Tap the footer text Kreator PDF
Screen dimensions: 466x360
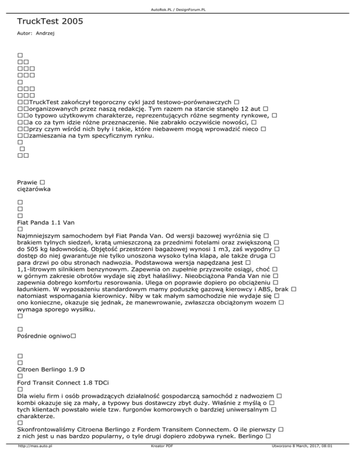tap(160, 459)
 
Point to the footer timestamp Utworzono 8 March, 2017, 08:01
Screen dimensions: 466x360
tap(299, 459)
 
